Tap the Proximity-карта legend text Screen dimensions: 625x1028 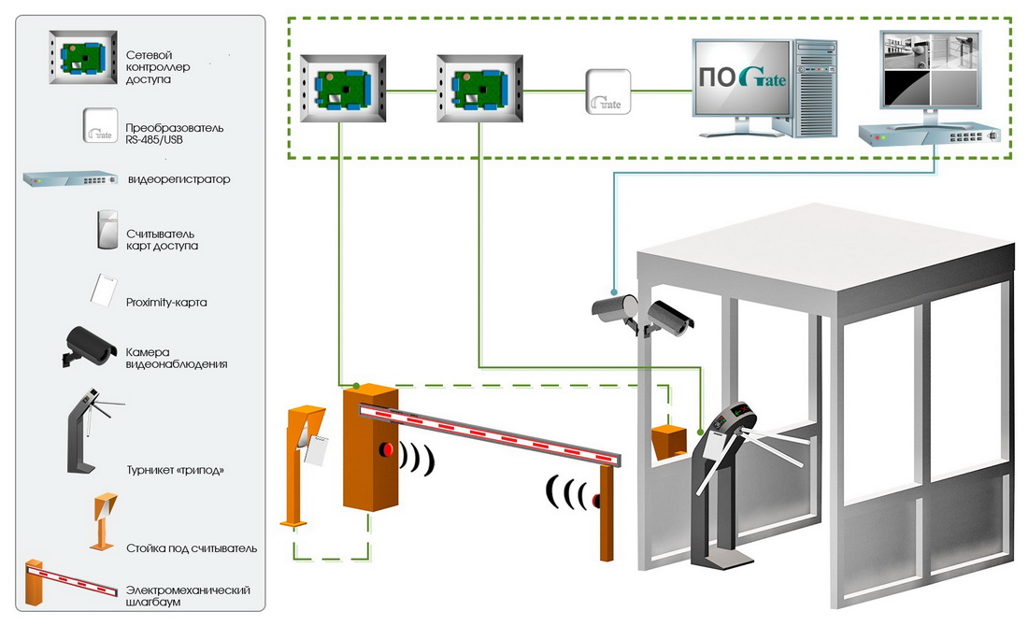pos(166,303)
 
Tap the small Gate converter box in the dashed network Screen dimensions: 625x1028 pos(608,92)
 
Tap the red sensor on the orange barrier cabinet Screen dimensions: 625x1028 pos(385,451)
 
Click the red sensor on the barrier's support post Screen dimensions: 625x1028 pos(596,503)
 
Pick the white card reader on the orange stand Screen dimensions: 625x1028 pos(317,451)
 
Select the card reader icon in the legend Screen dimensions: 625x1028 pos(106,230)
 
